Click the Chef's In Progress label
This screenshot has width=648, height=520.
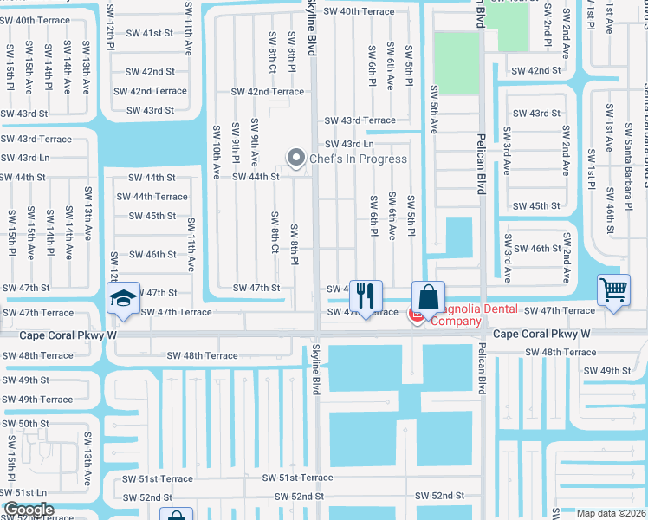click(x=358, y=159)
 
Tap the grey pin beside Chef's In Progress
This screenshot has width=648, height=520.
click(x=296, y=158)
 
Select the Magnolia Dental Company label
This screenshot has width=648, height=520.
click(x=476, y=315)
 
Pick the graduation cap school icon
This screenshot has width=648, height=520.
click(x=124, y=299)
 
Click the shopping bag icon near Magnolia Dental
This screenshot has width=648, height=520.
click(x=428, y=297)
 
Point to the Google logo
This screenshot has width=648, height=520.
click(x=29, y=510)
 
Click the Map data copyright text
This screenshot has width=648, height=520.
click(x=611, y=513)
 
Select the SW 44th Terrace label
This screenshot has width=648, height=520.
click(x=152, y=197)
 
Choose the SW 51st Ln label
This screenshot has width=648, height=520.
click(x=23, y=491)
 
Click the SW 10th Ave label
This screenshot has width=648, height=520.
click(x=217, y=152)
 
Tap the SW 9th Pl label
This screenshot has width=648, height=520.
click(x=236, y=143)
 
